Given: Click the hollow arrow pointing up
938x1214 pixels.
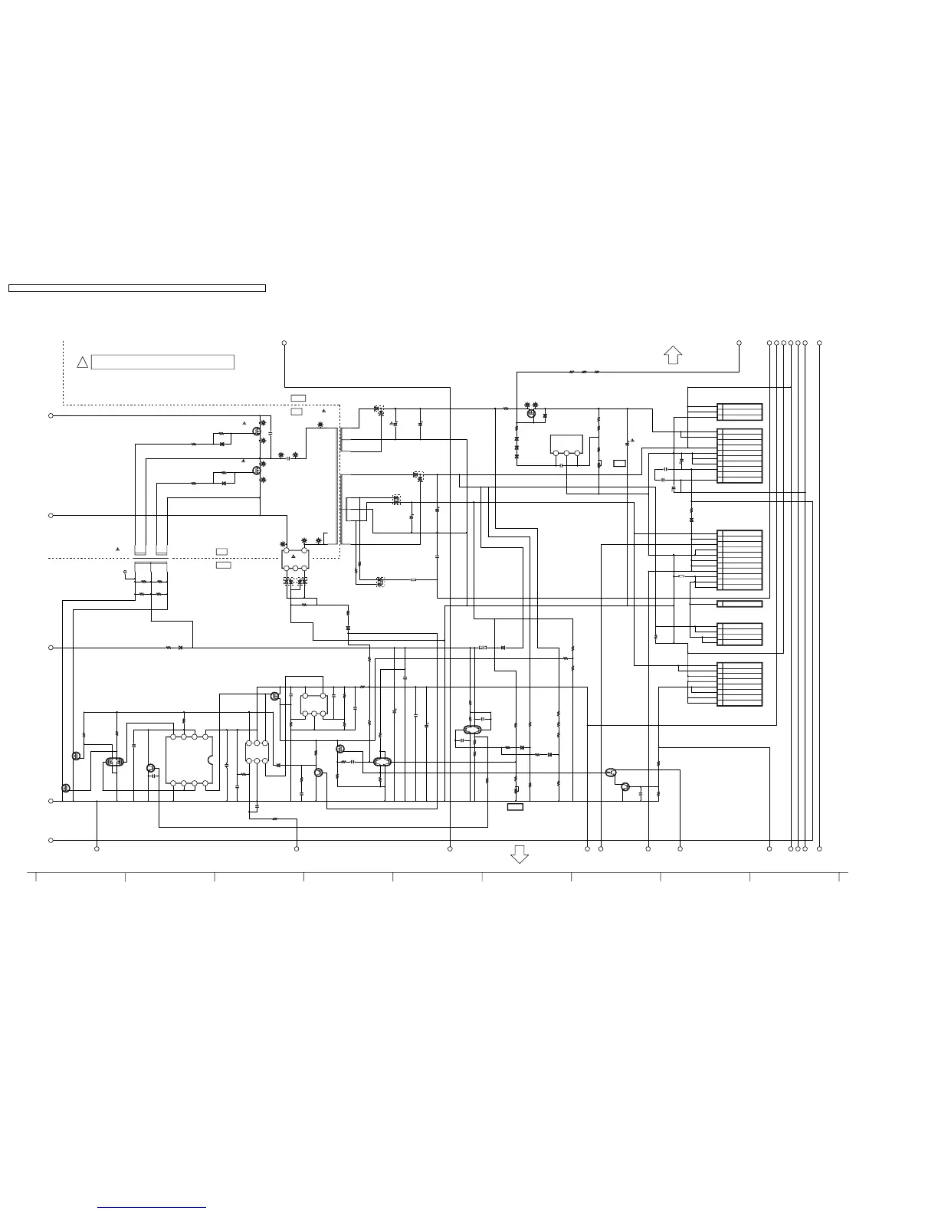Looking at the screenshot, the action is (673, 355).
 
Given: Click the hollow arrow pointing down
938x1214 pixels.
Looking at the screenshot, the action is (520, 855).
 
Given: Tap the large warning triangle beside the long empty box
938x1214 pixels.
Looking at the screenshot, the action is (83, 362).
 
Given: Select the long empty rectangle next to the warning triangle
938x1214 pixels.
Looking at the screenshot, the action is (162, 363).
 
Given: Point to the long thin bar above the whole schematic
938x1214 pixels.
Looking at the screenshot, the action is (137, 288).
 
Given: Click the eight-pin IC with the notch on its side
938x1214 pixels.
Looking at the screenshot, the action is (189, 760).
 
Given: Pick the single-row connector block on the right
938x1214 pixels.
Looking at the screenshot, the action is (740, 604).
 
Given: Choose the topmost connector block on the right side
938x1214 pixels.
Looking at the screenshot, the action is (740, 412).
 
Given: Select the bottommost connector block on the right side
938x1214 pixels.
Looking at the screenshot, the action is (740, 684).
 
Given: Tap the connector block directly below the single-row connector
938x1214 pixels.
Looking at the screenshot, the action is (740, 635).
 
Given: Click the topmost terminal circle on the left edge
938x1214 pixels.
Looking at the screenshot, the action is (51, 415).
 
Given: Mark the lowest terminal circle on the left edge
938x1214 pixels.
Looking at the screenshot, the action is (51, 840).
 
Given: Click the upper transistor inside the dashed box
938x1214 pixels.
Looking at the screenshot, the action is (257, 431).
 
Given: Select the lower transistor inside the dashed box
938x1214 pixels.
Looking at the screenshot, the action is (257, 471).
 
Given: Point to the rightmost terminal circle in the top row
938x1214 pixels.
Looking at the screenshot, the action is (819, 343).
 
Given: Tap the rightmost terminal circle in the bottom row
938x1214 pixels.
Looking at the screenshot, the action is (819, 848).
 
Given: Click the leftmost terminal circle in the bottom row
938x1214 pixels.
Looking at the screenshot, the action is (97, 848).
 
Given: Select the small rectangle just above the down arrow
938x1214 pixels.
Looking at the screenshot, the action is (516, 807).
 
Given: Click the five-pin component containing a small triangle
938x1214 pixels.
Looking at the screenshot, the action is (295, 559).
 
